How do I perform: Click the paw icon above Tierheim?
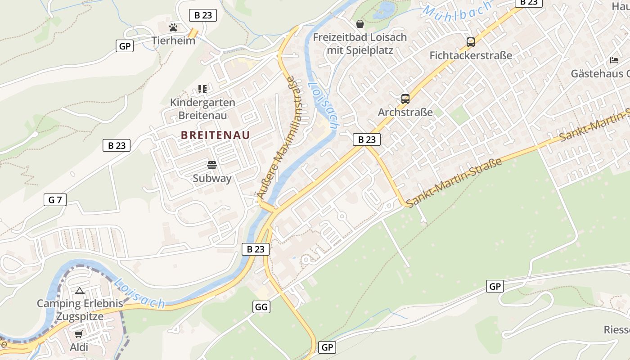click(x=173, y=27)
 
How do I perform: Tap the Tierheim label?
click(x=173, y=40)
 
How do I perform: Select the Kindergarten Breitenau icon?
click(x=202, y=89)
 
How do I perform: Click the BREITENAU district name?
click(x=215, y=135)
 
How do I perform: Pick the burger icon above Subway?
click(x=212, y=165)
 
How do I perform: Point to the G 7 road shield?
click(x=55, y=200)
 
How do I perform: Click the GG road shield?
click(x=261, y=307)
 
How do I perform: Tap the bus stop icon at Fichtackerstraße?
click(x=471, y=42)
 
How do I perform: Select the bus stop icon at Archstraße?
click(x=405, y=99)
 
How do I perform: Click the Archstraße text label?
click(x=405, y=112)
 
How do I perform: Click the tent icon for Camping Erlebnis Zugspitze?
click(x=80, y=291)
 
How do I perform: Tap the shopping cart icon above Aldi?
click(x=79, y=334)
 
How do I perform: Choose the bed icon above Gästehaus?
click(x=614, y=60)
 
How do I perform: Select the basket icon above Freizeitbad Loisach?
click(x=360, y=24)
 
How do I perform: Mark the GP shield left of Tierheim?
click(x=125, y=46)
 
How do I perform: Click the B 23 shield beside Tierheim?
click(x=203, y=15)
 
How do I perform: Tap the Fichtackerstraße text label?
click(x=471, y=55)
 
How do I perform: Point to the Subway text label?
click(x=212, y=178)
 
